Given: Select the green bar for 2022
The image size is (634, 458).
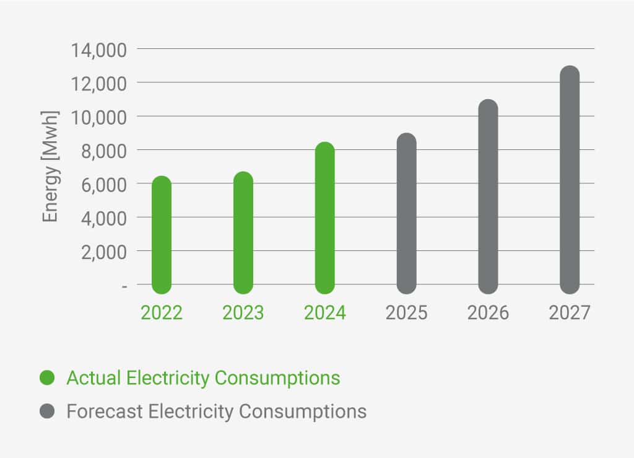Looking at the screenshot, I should [162, 235].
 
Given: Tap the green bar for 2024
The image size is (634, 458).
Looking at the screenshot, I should [325, 218].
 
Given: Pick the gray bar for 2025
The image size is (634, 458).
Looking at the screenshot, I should [407, 213].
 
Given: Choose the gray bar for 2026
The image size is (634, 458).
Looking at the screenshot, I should [489, 196].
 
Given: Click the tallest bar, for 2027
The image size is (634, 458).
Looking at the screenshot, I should [570, 180].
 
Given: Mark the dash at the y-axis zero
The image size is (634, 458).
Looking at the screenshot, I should [124, 286].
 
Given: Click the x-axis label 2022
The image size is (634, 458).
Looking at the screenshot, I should [162, 312].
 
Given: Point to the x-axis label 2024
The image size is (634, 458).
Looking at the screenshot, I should [325, 312].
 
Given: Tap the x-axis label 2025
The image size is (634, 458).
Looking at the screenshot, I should [407, 312].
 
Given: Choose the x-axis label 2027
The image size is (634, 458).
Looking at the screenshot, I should [570, 312].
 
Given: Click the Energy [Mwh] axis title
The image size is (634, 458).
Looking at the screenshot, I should [50, 166].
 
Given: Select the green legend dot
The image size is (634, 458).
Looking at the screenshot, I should [47, 377].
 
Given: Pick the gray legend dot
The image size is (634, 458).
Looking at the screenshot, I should [47, 411].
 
